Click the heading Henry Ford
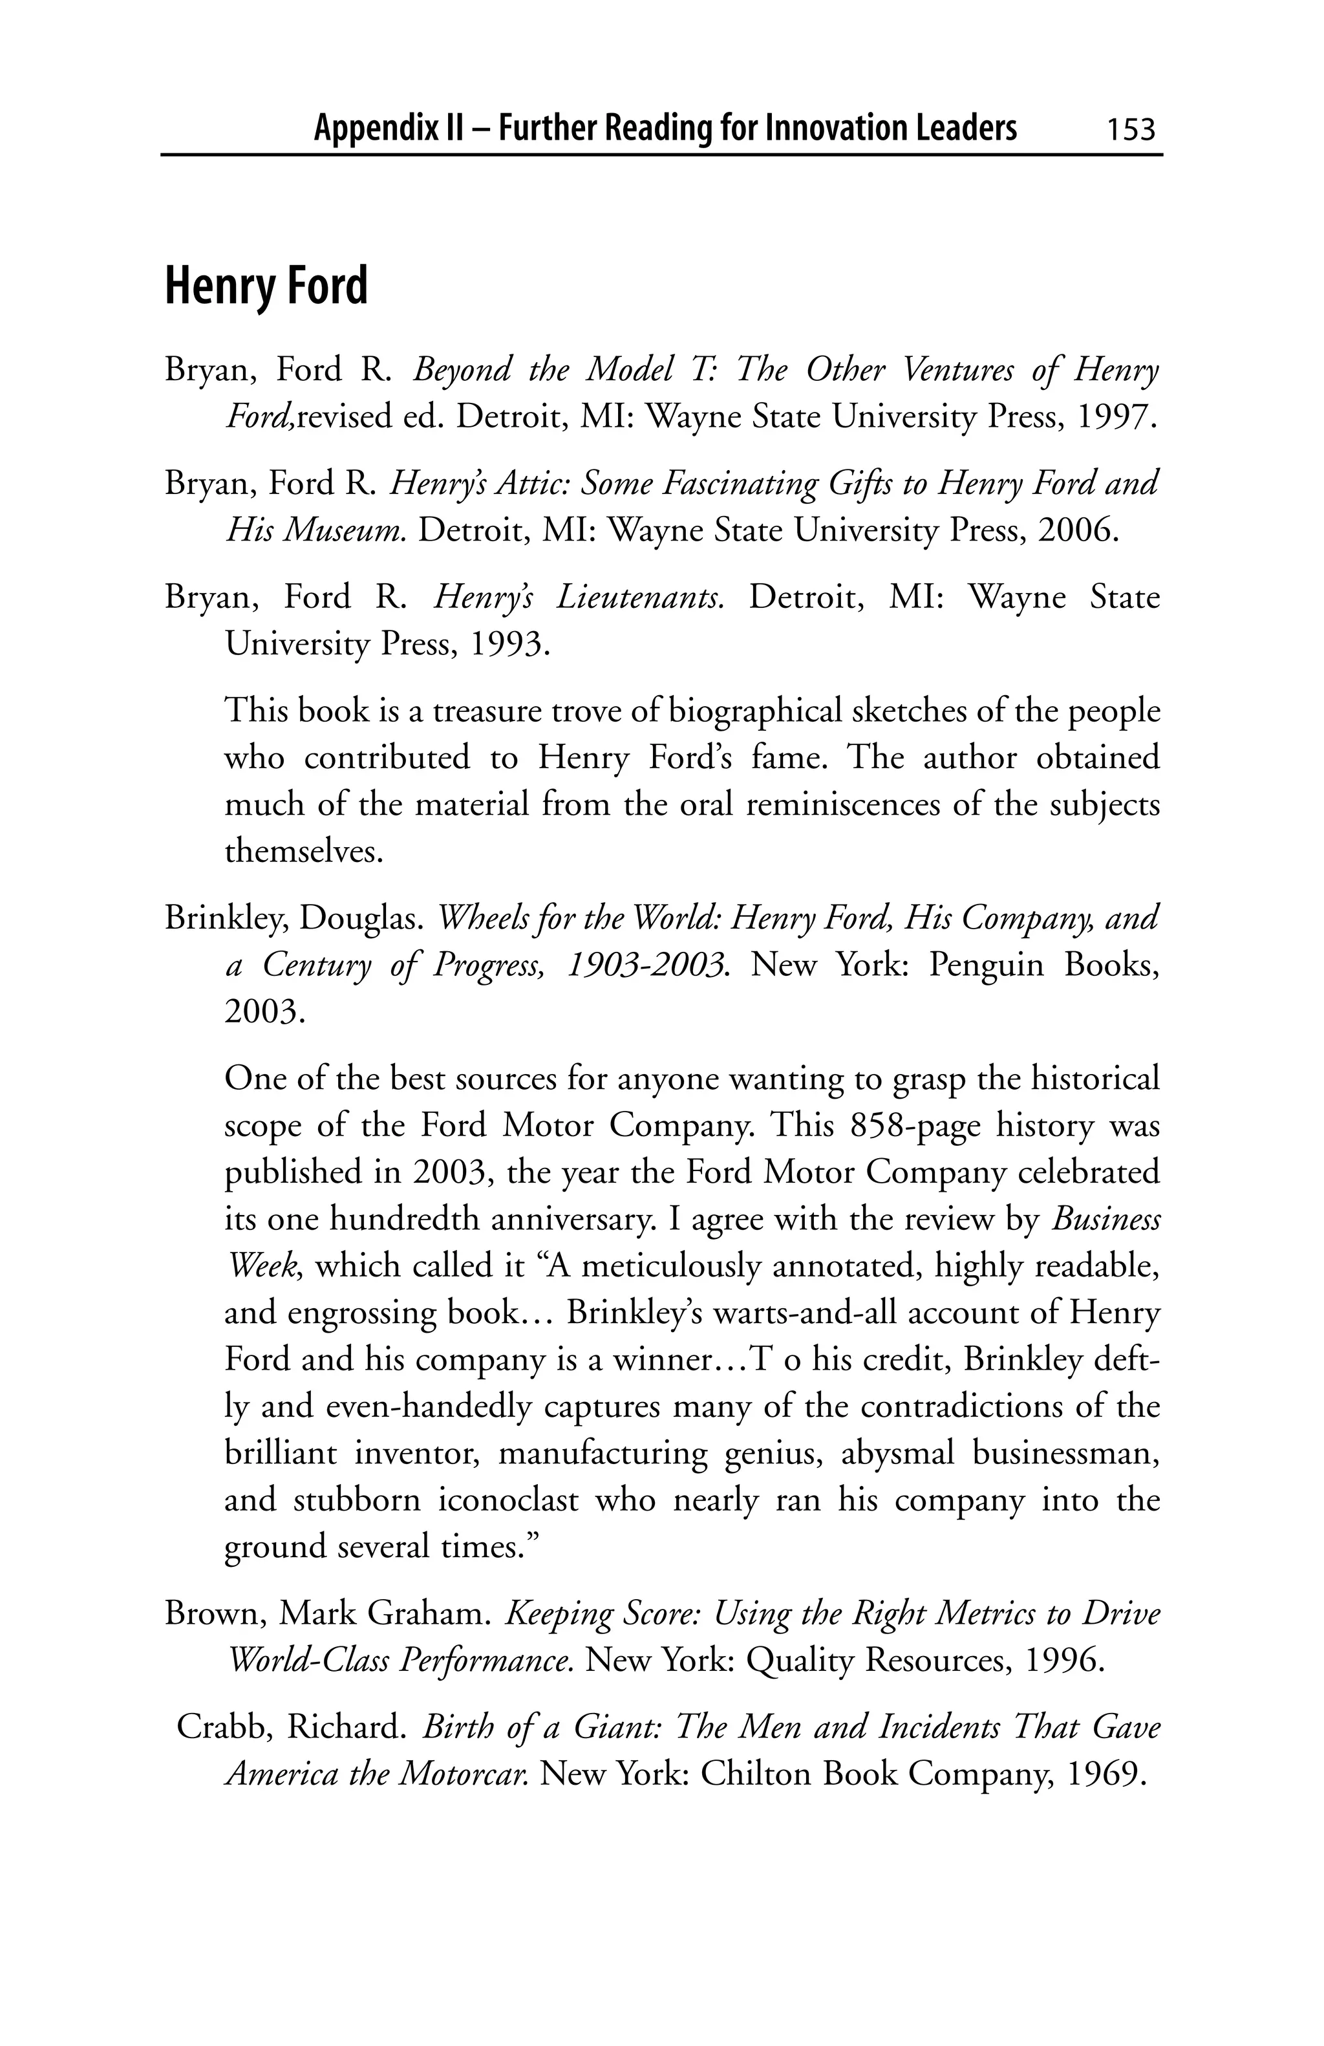[266, 286]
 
